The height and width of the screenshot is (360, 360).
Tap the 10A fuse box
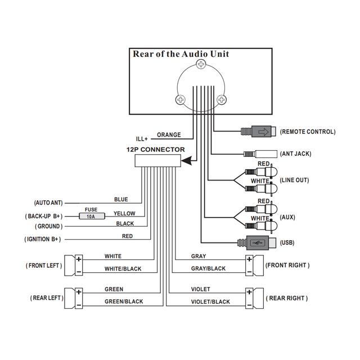[91, 215]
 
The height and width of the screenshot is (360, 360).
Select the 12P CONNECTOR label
[155, 150]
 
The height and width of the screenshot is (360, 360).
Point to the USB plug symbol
[258, 243]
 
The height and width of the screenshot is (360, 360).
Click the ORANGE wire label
[169, 135]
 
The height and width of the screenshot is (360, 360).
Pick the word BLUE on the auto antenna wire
[121, 199]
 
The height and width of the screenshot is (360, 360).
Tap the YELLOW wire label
[124, 214]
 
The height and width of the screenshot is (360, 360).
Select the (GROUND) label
[48, 226]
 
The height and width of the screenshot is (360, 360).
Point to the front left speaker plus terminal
[79, 259]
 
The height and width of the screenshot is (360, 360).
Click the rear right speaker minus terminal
[249, 304]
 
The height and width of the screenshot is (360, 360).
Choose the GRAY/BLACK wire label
[208, 269]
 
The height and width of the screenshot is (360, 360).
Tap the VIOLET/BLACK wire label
[210, 302]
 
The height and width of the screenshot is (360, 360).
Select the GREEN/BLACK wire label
[124, 301]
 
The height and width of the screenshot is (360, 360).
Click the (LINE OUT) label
[295, 181]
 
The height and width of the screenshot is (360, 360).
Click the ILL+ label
[142, 138]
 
